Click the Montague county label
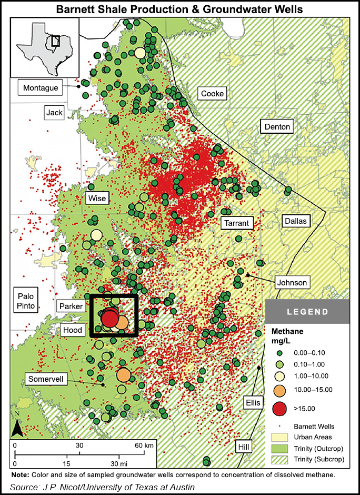(x=41, y=87)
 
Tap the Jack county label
(x=54, y=112)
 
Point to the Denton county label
(x=277, y=127)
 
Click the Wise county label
(x=97, y=198)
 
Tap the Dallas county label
(x=296, y=221)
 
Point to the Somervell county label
(x=45, y=380)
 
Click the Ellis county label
(x=253, y=402)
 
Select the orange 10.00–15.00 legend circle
(x=281, y=390)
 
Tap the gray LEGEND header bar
(x=307, y=312)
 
